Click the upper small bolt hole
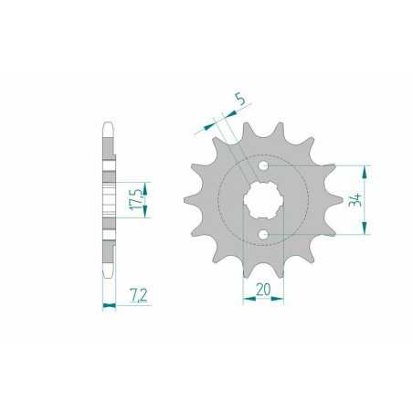coord(265,167)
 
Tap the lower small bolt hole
coord(265,235)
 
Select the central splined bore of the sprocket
coord(265,201)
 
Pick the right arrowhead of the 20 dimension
coord(282,300)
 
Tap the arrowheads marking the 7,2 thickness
coord(109,305)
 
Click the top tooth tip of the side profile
coord(109,128)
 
